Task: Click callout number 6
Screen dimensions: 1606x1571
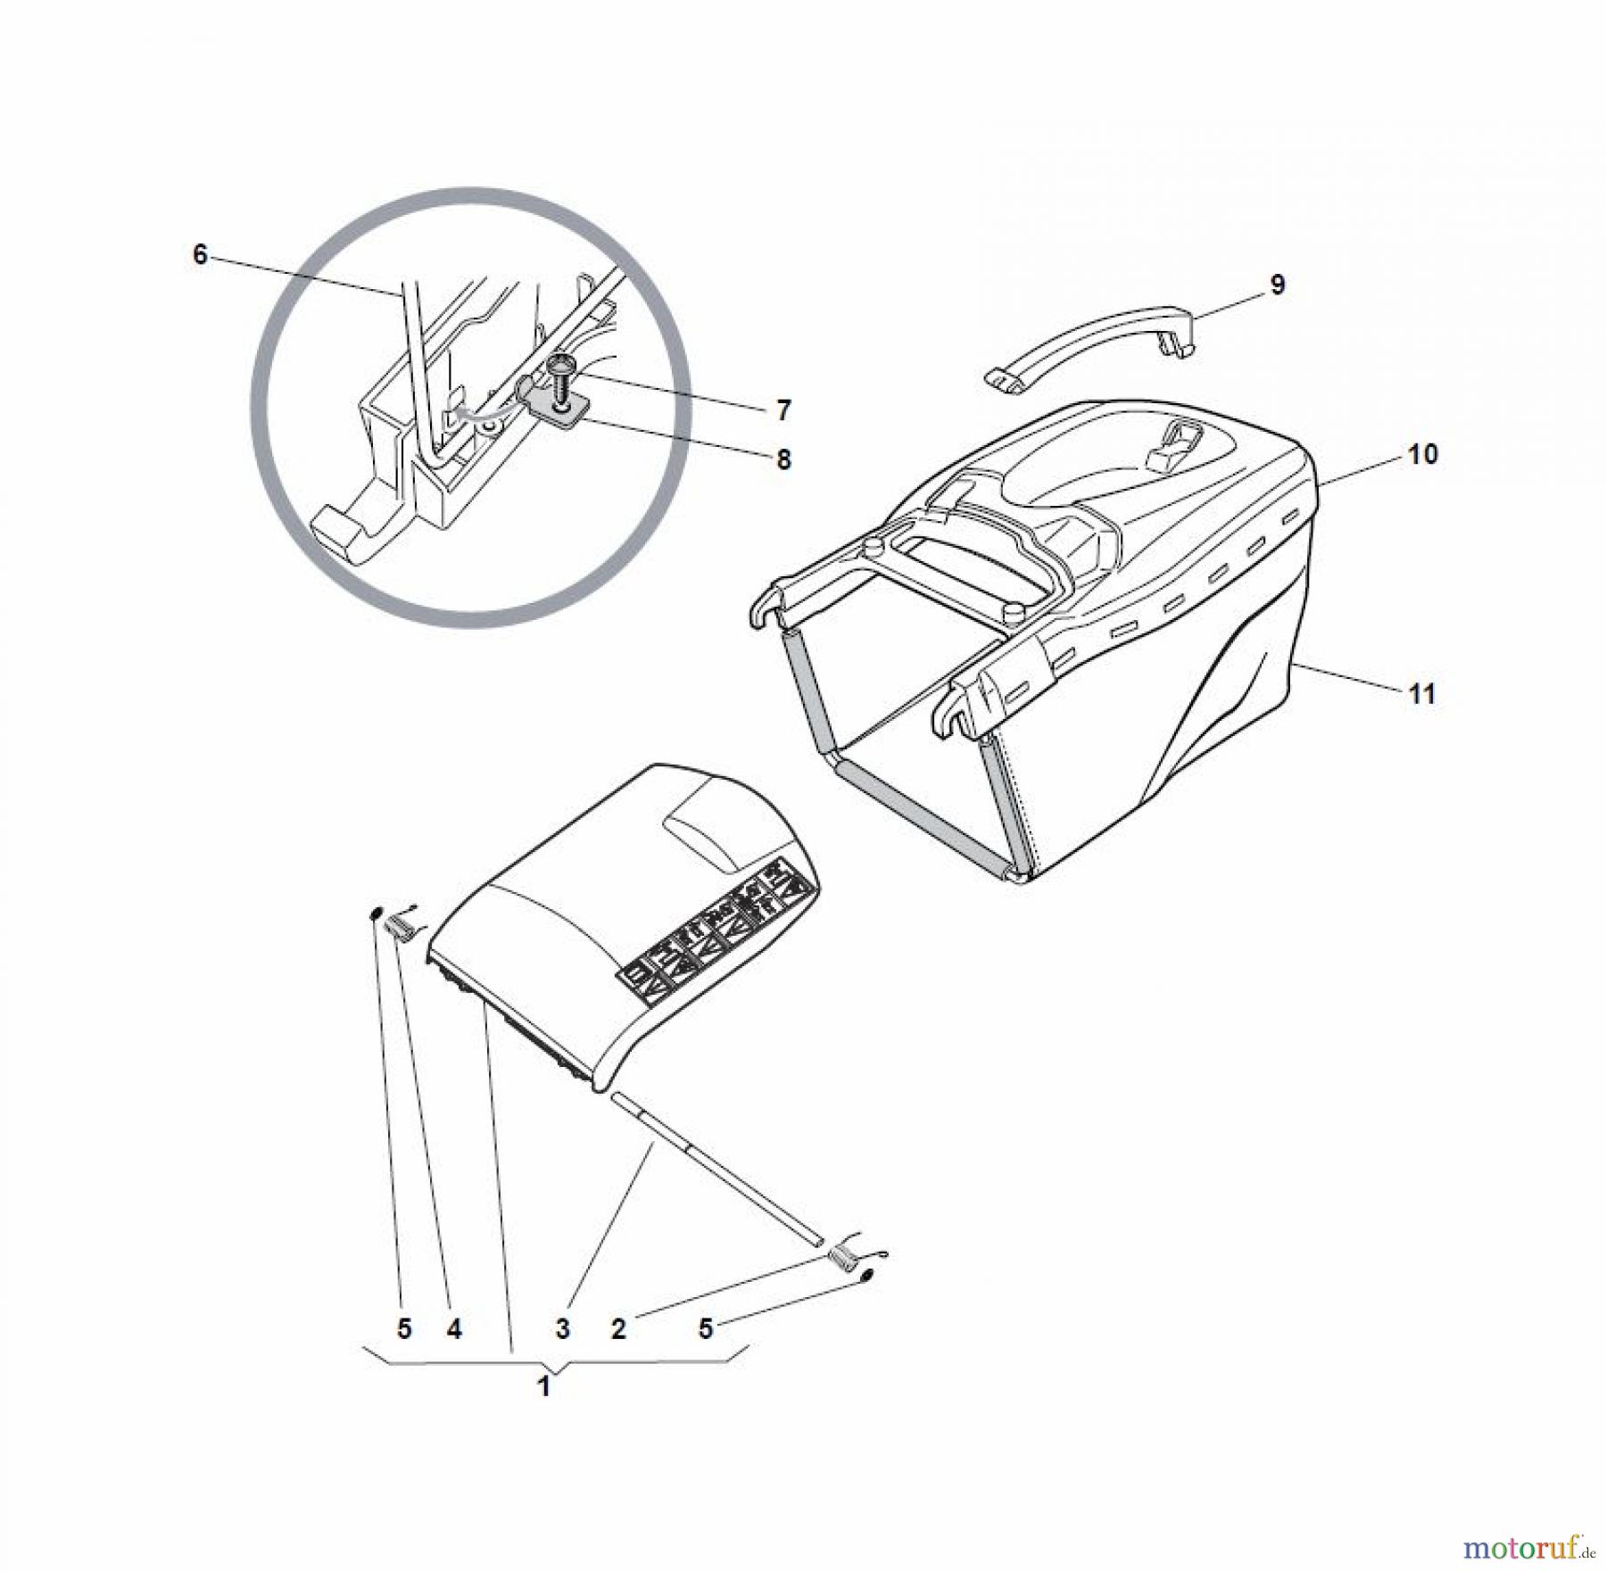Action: [200, 255]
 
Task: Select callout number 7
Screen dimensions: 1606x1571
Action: [783, 410]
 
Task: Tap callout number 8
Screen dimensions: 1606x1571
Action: [783, 459]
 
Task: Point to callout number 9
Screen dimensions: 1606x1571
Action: [1277, 285]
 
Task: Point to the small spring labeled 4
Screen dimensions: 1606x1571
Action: [401, 928]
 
